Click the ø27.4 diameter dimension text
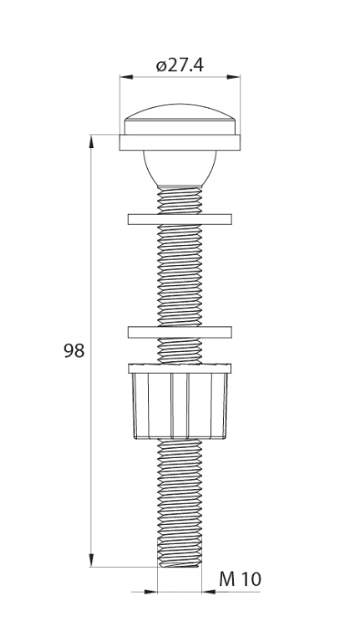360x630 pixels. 180,64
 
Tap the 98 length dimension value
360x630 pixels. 74,351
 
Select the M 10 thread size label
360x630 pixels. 239,580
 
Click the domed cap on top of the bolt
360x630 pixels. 180,120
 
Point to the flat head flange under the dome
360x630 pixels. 180,143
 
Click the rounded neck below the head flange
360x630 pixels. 180,168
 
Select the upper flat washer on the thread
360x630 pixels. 180,219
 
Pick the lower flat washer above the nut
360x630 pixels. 180,332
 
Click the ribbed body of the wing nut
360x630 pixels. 180,406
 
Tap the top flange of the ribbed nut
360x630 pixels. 180,368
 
